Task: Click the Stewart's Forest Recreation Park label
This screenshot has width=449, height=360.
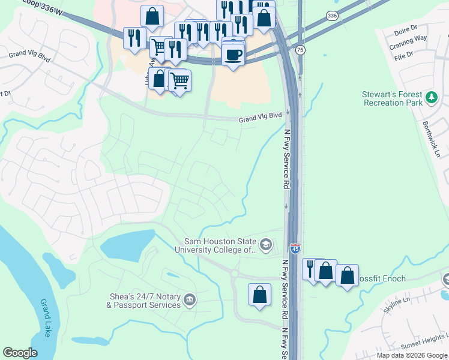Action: [x=392, y=98]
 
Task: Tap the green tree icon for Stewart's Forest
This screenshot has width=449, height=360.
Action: [x=431, y=97]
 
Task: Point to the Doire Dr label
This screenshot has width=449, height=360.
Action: [x=406, y=30]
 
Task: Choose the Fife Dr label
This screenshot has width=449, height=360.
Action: [x=402, y=55]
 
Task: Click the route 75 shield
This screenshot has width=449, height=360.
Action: [x=300, y=50]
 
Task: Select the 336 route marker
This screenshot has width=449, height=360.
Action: [x=332, y=15]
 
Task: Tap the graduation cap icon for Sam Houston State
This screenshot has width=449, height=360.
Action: [x=265, y=245]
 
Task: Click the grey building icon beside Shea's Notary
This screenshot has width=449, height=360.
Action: [x=190, y=299]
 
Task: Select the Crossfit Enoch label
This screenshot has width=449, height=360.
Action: [x=382, y=279]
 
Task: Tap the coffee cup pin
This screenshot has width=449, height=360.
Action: [x=233, y=55]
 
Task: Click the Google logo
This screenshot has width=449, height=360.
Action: [x=20, y=352]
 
